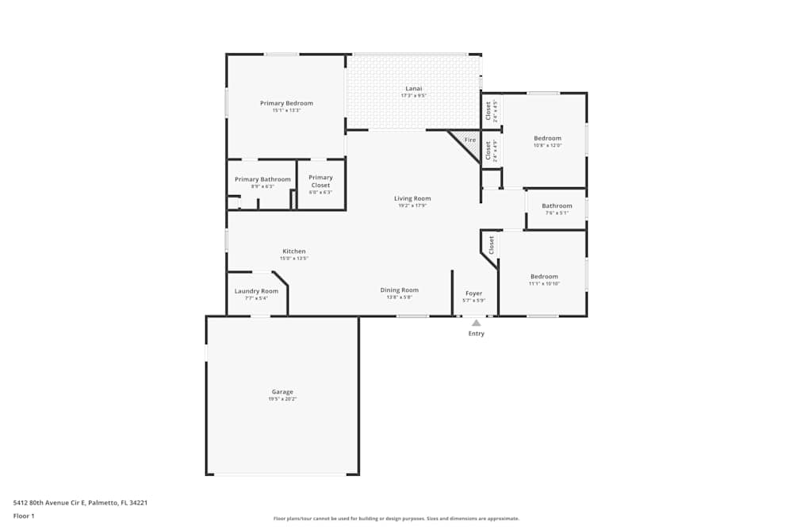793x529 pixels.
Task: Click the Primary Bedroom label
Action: click(x=286, y=103)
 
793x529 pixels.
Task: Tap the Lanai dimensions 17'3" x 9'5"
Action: click(x=413, y=96)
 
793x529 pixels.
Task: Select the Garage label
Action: click(x=282, y=392)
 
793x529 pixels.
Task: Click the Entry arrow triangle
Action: click(x=476, y=323)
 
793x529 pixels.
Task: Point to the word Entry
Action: click(x=476, y=334)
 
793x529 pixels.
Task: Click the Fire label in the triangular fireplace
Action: click(x=470, y=140)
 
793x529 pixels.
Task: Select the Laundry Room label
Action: click(x=256, y=291)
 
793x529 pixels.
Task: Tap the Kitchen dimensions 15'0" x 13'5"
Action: click(x=293, y=259)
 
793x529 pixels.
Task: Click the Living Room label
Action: click(x=412, y=198)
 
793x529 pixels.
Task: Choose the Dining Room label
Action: click(x=399, y=290)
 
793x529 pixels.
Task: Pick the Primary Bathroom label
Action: click(x=262, y=179)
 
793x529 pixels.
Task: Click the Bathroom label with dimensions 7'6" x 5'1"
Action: click(x=557, y=206)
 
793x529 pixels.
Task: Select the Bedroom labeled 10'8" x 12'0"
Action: click(x=547, y=138)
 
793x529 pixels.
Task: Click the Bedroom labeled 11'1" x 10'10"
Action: click(x=544, y=276)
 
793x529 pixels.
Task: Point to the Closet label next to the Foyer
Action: click(x=492, y=244)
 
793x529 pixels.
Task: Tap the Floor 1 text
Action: click(x=24, y=516)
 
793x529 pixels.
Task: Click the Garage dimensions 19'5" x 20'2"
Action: click(x=282, y=399)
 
